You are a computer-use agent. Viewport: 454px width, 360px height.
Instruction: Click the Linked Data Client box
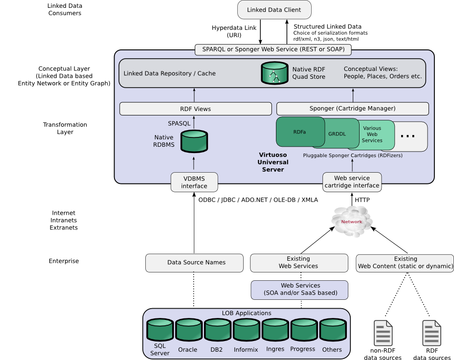pyautogui.click(x=273, y=10)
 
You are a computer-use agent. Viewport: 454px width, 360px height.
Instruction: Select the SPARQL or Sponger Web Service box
pyautogui.click(x=273, y=49)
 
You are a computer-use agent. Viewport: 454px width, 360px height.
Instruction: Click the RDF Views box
pyautogui.click(x=195, y=109)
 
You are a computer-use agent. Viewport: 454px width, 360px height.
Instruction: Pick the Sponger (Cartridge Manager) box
pyautogui.click(x=352, y=109)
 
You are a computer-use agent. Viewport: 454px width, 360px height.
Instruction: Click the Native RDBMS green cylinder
pyautogui.click(x=194, y=141)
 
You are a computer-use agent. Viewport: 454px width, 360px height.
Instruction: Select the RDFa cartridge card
pyautogui.click(x=296, y=132)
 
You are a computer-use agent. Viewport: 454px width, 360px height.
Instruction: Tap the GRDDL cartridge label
pyautogui.click(x=337, y=134)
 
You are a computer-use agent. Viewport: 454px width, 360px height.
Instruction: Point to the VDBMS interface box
pyautogui.click(x=194, y=182)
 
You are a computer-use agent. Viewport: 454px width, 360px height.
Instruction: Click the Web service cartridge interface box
pyautogui.click(x=352, y=182)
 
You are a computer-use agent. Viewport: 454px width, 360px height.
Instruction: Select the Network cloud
pyautogui.click(x=352, y=222)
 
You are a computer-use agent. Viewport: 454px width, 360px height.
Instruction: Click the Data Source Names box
pyautogui.click(x=194, y=263)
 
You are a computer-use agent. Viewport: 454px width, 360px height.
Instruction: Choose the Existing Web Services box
pyautogui.click(x=298, y=263)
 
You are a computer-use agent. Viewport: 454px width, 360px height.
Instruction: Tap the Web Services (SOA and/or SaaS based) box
pyautogui.click(x=299, y=290)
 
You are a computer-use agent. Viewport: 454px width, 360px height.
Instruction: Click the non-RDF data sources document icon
pyautogui.click(x=383, y=334)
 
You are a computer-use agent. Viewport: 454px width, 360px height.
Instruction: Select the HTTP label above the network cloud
pyautogui.click(x=362, y=200)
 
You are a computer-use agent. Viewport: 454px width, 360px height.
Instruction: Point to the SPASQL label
pyautogui.click(x=179, y=124)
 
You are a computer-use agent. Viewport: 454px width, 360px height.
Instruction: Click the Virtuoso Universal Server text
pyautogui.click(x=273, y=162)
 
